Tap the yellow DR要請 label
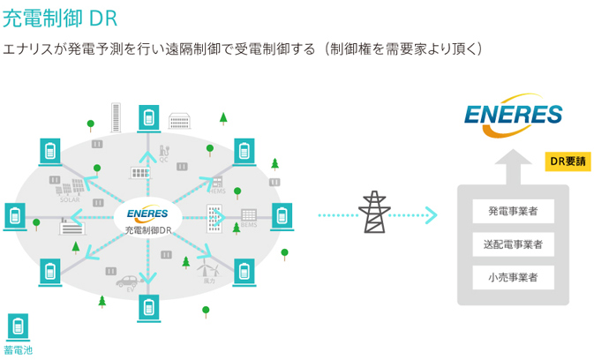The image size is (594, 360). [568, 161]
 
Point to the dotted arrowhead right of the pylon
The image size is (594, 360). [431, 214]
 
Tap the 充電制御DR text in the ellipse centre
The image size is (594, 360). [147, 229]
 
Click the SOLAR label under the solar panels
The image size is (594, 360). [70, 200]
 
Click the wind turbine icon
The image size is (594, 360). [207, 268]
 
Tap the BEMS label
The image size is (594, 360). [248, 226]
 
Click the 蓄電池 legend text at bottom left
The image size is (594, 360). [18, 350]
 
